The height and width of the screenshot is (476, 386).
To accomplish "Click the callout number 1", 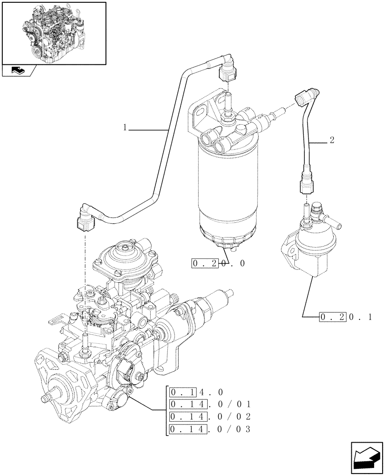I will coord(125,128).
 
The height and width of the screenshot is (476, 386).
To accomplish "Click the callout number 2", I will coord(332,141).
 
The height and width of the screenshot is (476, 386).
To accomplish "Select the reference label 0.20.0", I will coord(218,263).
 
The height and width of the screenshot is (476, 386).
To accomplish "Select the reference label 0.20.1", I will coord(345,317).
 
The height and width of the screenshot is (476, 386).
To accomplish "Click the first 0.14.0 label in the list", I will coord(198,392).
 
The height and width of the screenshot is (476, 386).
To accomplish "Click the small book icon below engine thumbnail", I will coord(19,71).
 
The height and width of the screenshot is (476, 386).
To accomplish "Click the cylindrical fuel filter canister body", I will coord(223,186).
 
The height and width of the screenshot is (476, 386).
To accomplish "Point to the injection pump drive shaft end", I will coord(47,397).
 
